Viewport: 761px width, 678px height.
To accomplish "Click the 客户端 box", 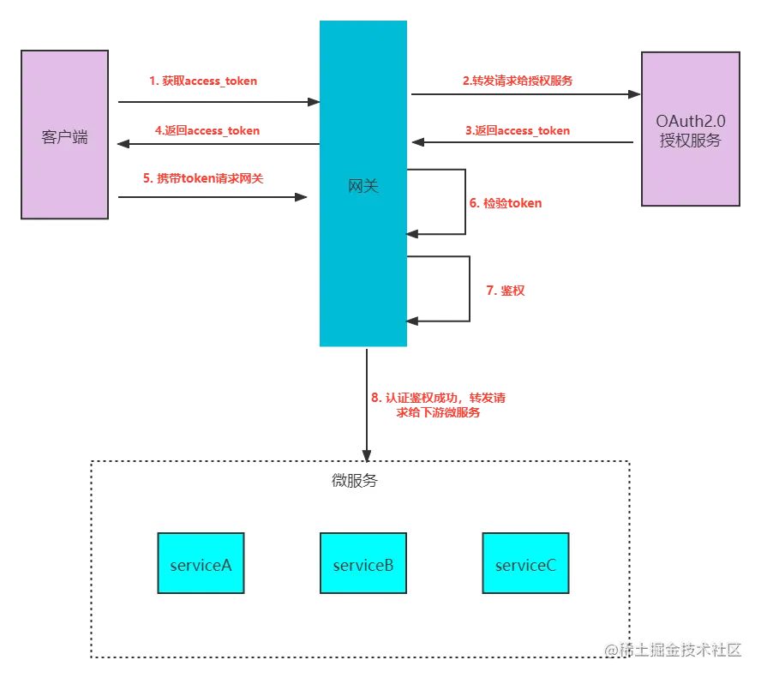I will pyautogui.click(x=65, y=136).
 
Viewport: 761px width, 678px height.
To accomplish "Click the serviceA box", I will pyautogui.click(x=201, y=563).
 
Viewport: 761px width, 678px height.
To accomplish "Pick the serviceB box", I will pyautogui.click(x=363, y=563).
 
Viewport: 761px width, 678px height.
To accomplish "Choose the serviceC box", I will pyautogui.click(x=525, y=563).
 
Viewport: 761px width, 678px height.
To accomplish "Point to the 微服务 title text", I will pyautogui.click(x=354, y=481).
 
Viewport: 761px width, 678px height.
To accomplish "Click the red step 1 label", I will pyautogui.click(x=204, y=82).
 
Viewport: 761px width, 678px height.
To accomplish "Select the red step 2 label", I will pyautogui.click(x=518, y=81).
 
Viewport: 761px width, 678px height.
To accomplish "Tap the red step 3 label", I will pyautogui.click(x=518, y=131).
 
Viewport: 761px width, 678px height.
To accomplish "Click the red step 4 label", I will pyautogui.click(x=207, y=131).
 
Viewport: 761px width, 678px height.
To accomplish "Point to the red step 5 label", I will pyautogui.click(x=203, y=179).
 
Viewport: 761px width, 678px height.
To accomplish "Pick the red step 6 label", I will pyautogui.click(x=505, y=204).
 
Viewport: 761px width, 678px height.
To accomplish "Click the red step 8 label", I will pyautogui.click(x=439, y=405).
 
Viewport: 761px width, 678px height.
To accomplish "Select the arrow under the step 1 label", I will pyautogui.click(x=214, y=100).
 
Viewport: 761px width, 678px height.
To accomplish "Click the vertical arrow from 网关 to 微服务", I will pyautogui.click(x=367, y=403).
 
